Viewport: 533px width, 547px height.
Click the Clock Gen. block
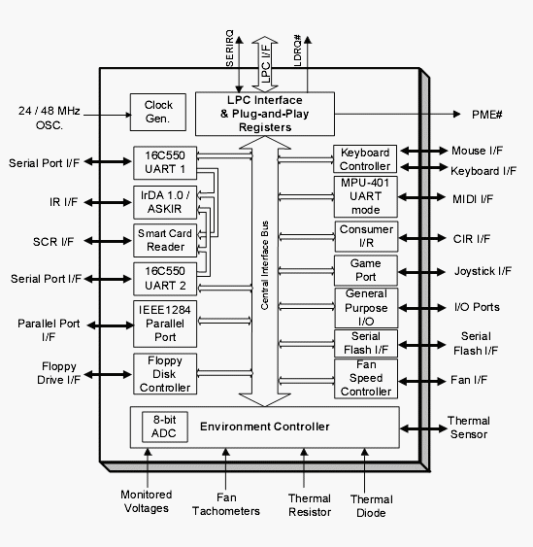coord(158,112)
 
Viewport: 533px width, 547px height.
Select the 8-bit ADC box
coord(164,427)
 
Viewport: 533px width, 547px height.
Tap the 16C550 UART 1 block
coord(165,162)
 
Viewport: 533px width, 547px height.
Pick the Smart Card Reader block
coord(165,240)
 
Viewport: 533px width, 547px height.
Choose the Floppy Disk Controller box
coord(165,374)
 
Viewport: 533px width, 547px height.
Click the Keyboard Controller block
coord(365,159)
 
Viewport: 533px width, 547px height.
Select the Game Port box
coord(366,270)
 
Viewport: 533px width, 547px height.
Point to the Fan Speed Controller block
coord(366,379)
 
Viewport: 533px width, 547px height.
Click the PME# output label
coord(486,115)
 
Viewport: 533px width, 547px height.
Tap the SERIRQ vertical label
coord(229,49)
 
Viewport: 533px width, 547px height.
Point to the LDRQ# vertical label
coord(297,51)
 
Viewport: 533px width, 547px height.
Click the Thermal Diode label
coord(371,506)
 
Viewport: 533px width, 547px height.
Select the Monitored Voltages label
coord(147,501)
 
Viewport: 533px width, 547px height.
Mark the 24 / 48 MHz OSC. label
coord(50,118)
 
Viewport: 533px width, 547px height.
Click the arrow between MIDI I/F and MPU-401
coord(421,197)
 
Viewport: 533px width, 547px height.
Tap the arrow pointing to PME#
coord(397,114)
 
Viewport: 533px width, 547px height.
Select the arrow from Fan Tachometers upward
coord(226,468)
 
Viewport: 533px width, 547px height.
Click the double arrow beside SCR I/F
coord(108,241)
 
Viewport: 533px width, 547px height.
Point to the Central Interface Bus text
coord(265,265)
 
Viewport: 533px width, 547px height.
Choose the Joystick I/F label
coord(483,271)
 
